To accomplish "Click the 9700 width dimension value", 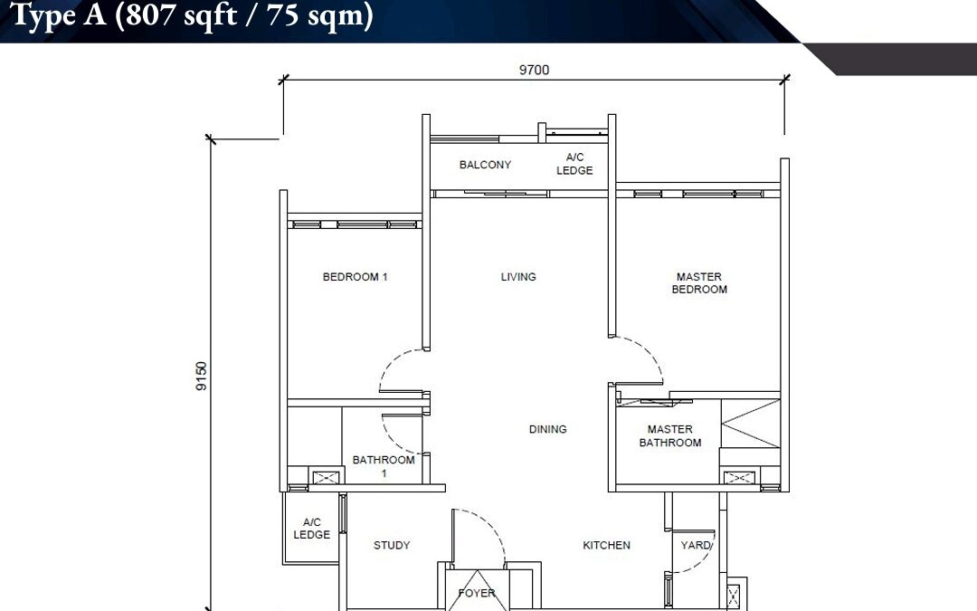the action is (x=534, y=70).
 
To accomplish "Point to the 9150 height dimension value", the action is (x=201, y=376).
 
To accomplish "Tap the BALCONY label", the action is (x=486, y=165).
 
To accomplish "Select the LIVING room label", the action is (x=518, y=277).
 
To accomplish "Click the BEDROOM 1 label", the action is (x=356, y=277).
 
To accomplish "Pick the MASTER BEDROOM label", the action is (x=699, y=283).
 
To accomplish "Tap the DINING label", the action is (x=547, y=429).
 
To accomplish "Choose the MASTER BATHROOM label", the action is (x=670, y=435).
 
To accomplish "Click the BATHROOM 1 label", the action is (x=384, y=466).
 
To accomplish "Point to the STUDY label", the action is (x=392, y=545).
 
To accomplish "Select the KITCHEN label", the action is (x=606, y=545).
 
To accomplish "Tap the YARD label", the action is (x=696, y=545).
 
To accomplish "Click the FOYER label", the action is (x=477, y=593).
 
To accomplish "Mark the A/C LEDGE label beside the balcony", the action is (x=574, y=164).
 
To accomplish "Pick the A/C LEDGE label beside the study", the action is (x=311, y=528).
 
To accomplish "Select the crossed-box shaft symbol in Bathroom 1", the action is (x=325, y=478).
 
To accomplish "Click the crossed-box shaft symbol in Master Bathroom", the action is (x=738, y=478).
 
